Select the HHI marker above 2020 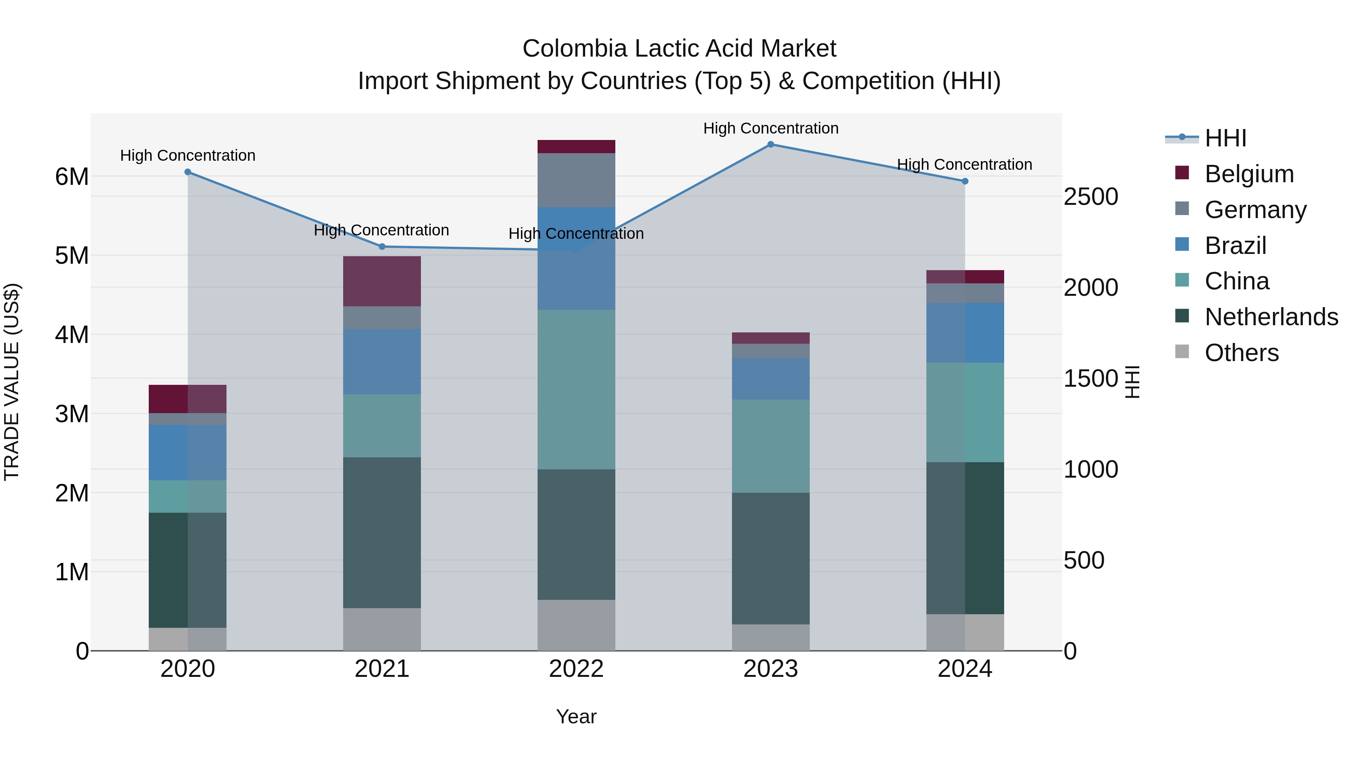[x=188, y=172]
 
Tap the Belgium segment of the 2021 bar [x=382, y=281]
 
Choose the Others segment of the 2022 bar [x=576, y=625]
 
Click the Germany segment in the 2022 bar [x=576, y=180]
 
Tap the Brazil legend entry [x=1235, y=246]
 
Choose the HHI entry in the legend [x=1225, y=138]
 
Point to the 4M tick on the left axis [x=72, y=335]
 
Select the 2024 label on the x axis [x=965, y=669]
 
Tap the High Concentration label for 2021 [x=381, y=231]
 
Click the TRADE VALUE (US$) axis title [x=12, y=382]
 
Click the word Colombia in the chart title [x=575, y=49]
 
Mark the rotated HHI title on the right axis [x=1132, y=382]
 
